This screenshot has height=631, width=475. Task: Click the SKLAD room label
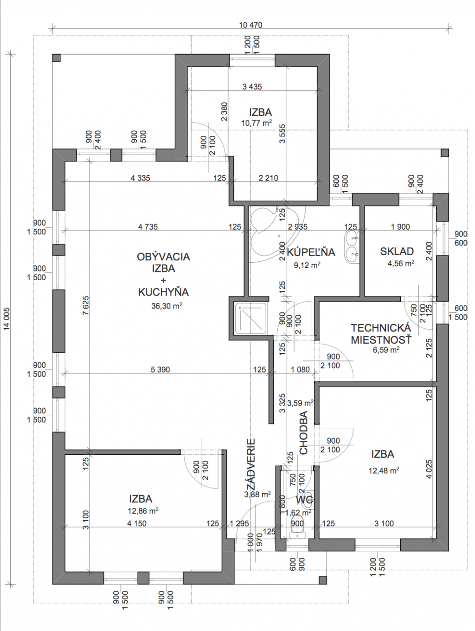click(x=397, y=251)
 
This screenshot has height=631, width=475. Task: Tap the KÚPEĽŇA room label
click(x=311, y=252)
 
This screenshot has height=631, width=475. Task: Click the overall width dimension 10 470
click(x=250, y=26)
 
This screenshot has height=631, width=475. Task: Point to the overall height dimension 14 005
click(x=6, y=322)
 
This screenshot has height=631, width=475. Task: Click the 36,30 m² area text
click(x=167, y=306)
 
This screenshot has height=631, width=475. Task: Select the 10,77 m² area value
click(x=257, y=123)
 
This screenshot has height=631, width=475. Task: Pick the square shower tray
click(x=251, y=318)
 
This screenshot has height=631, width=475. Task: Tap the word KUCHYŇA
click(x=163, y=292)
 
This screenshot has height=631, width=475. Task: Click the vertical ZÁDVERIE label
click(x=251, y=464)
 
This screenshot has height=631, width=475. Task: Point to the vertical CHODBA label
click(x=303, y=432)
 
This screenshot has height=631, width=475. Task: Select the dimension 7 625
click(x=86, y=306)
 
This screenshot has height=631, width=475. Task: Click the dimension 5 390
click(x=160, y=369)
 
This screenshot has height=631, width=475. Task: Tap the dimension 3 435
click(x=252, y=86)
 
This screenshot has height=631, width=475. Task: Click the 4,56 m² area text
click(x=401, y=263)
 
